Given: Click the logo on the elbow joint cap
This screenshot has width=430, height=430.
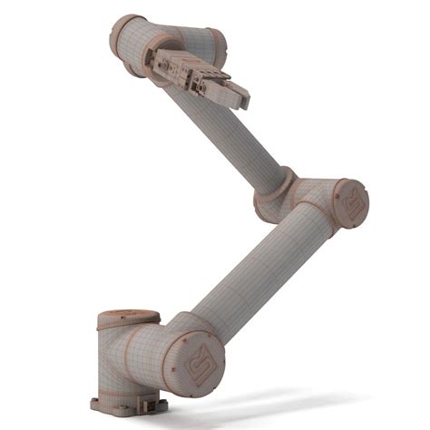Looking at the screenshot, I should pyautogui.click(x=351, y=204).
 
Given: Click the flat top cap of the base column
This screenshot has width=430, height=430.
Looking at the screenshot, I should pyautogui.click(x=128, y=318).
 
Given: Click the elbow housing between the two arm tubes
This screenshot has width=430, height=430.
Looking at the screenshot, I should pyautogui.click(x=313, y=201).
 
